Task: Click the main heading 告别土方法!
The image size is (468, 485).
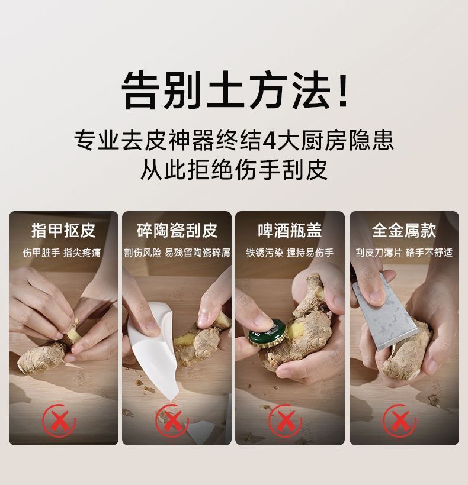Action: (235, 90)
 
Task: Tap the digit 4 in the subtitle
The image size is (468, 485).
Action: (270, 140)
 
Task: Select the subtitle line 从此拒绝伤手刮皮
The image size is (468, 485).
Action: (234, 170)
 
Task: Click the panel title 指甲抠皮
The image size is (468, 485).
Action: (63, 231)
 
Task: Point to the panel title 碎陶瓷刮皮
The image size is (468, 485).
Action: (177, 231)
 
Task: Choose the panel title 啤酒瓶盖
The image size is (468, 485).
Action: (290, 231)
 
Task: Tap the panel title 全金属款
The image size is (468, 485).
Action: (404, 231)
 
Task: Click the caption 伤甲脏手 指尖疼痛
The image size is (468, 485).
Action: (62, 253)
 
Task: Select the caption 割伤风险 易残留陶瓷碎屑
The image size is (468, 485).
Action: (177, 253)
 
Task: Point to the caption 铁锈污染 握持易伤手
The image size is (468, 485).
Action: (290, 253)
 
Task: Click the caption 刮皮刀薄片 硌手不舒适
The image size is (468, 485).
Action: (404, 253)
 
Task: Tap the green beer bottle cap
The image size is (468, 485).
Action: (268, 332)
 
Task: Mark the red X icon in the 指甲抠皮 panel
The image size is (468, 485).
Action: (59, 421)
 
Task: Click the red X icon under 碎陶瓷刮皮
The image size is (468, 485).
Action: (172, 421)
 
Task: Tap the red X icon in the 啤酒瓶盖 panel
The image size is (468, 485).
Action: (285, 421)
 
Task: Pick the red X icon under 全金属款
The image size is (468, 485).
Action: (399, 421)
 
